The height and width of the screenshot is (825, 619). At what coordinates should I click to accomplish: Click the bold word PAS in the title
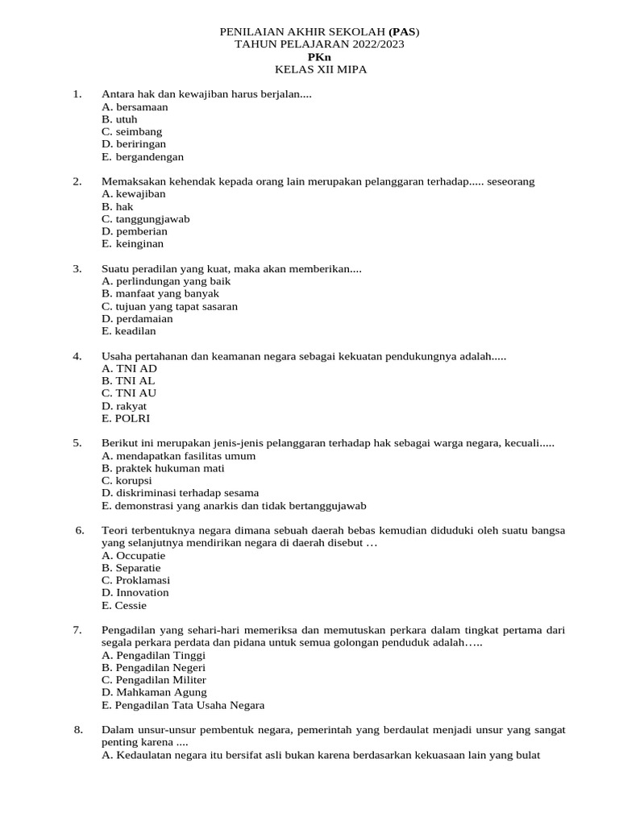pyautogui.click(x=404, y=31)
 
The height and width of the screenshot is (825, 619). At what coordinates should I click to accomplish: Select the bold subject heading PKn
pyautogui.click(x=319, y=57)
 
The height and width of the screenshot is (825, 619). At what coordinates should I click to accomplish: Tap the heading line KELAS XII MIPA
pyautogui.click(x=320, y=70)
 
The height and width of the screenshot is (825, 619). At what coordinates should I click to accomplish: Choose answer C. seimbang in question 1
pyautogui.click(x=131, y=131)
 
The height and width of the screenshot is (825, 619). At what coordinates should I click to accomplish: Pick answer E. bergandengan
pyautogui.click(x=143, y=157)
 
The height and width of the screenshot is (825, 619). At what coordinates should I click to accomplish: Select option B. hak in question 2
pyautogui.click(x=118, y=206)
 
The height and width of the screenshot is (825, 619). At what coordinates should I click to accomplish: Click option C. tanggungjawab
pyautogui.click(x=146, y=219)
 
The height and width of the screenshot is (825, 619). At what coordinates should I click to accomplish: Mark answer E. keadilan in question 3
pyautogui.click(x=129, y=331)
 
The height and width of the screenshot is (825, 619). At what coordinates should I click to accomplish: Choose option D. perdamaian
pyautogui.click(x=137, y=319)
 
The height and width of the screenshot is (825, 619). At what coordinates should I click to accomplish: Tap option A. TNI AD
pyautogui.click(x=129, y=368)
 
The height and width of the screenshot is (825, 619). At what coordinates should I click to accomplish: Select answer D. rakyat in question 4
pyautogui.click(x=124, y=406)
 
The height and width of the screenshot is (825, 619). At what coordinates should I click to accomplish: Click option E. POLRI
pyautogui.click(x=126, y=419)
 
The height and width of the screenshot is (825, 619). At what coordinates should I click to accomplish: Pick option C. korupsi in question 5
pyautogui.click(x=128, y=480)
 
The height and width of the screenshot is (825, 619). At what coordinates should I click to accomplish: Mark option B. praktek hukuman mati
pyautogui.click(x=163, y=468)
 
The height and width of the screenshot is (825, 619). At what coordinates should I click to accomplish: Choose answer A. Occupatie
pyautogui.click(x=133, y=555)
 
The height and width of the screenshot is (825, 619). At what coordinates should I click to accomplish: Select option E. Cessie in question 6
pyautogui.click(x=124, y=606)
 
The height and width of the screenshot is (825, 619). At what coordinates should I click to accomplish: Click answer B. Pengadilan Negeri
pyautogui.click(x=153, y=668)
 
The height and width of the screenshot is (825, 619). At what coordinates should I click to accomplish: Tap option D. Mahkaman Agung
pyautogui.click(x=154, y=692)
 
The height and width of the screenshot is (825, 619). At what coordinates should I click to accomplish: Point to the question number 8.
pyautogui.click(x=79, y=730)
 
